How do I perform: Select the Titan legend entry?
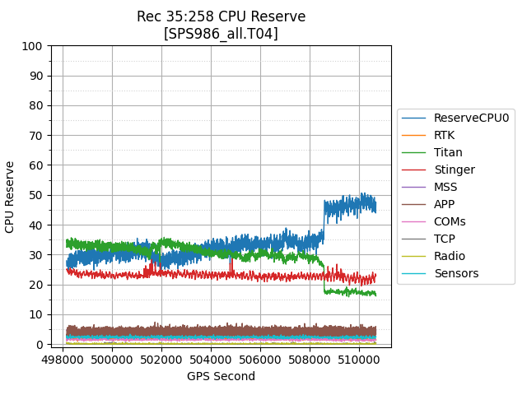coord(448,152)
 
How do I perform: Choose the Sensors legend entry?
coord(455,273)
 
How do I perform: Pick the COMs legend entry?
coord(450,221)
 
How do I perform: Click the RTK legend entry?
coord(444,135)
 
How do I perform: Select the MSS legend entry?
coord(445,187)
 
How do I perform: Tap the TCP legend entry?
coord(445,239)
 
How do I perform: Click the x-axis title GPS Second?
coord(221,376)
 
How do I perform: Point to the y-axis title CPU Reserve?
coord(11,197)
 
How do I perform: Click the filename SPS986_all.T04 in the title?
coord(221,34)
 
